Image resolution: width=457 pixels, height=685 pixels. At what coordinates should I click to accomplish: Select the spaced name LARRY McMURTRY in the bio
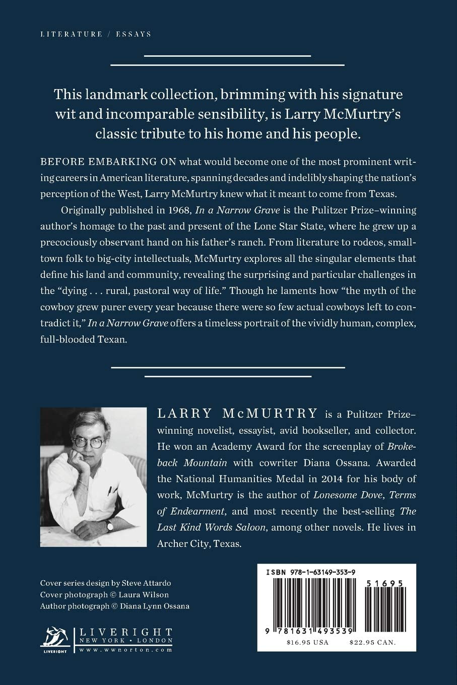click(237, 414)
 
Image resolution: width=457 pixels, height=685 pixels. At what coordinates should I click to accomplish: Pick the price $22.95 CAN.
click(372, 642)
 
